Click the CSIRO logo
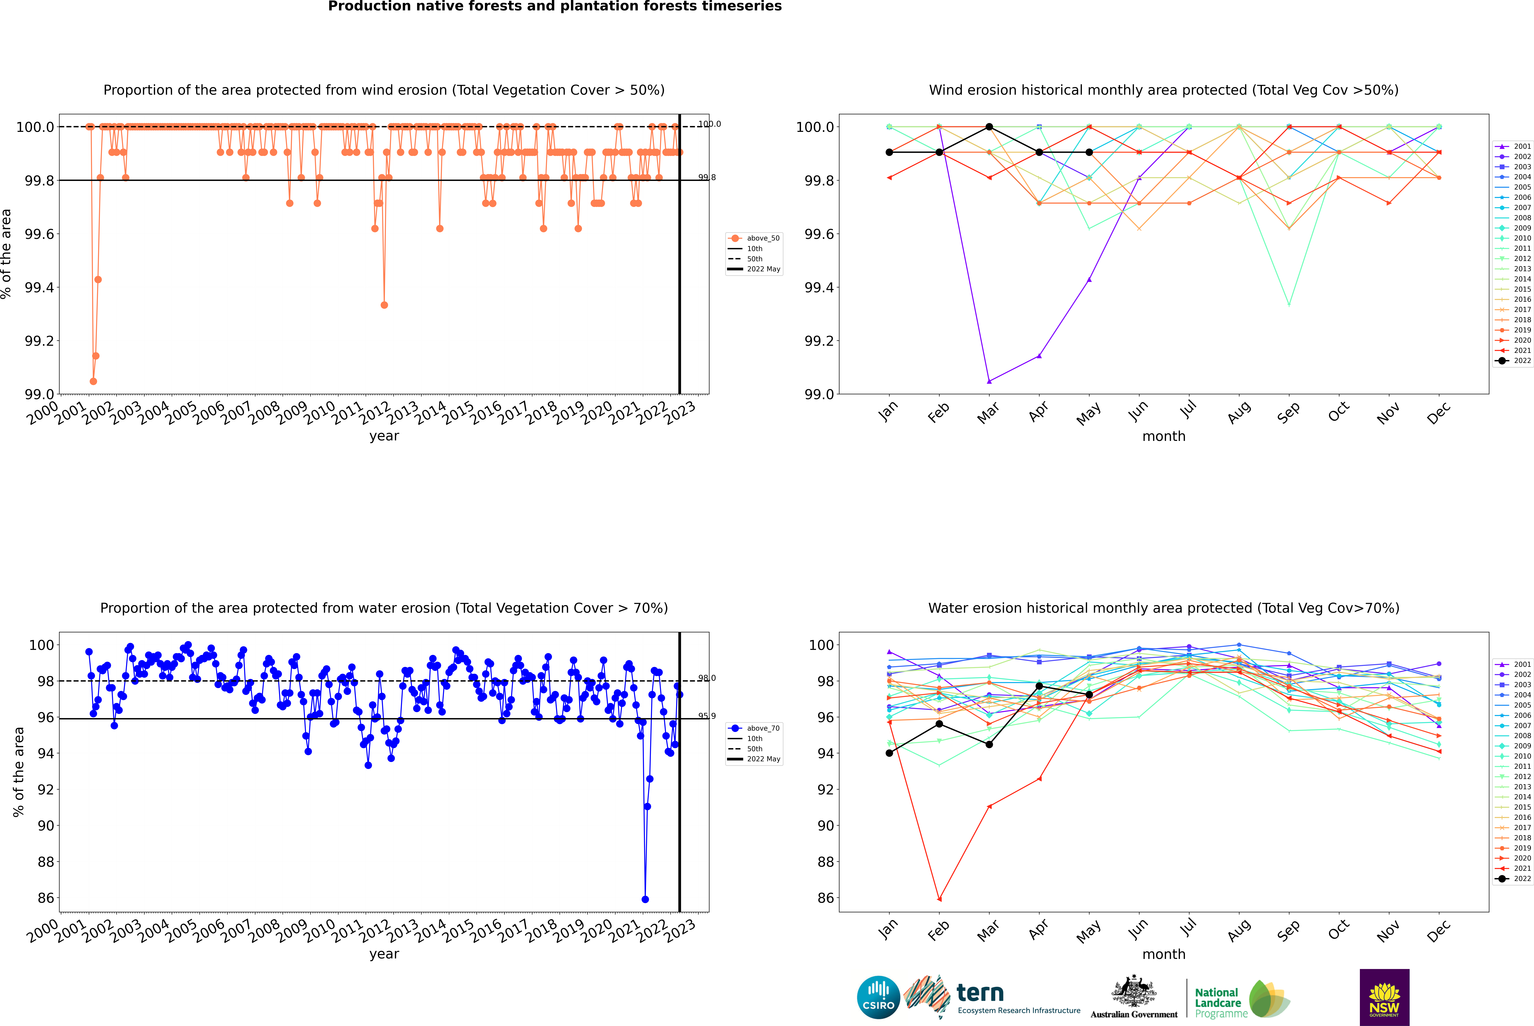(x=878, y=997)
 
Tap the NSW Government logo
(x=1384, y=997)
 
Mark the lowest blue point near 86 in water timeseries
(x=645, y=899)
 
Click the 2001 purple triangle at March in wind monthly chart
(x=989, y=381)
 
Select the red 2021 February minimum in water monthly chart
(x=940, y=899)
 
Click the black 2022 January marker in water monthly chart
(x=889, y=753)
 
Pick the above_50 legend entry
(x=754, y=238)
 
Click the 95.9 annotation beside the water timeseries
(x=707, y=716)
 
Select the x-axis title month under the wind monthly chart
(x=1164, y=437)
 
